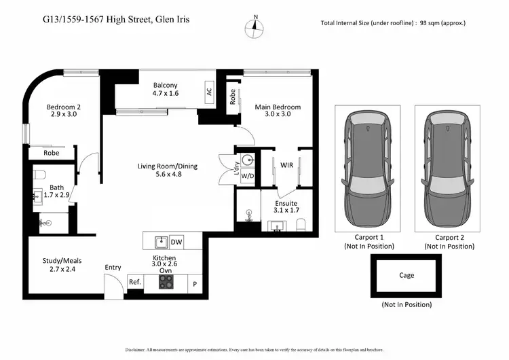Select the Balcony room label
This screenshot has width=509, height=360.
pyautogui.click(x=165, y=84)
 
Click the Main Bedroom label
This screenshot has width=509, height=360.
pyautogui.click(x=277, y=107)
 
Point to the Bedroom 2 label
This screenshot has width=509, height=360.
pyautogui.click(x=64, y=107)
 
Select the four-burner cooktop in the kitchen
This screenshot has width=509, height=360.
pyautogui.click(x=167, y=281)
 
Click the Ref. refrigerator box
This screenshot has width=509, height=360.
pyautogui.click(x=134, y=282)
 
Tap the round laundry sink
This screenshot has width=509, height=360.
pyautogui.click(x=248, y=160)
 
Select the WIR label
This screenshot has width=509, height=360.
pyautogui.click(x=287, y=164)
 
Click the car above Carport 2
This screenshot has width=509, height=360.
pyautogui.click(x=449, y=170)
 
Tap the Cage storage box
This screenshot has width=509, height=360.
pyautogui.click(x=406, y=275)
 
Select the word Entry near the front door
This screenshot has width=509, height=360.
pyautogui.click(x=113, y=268)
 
